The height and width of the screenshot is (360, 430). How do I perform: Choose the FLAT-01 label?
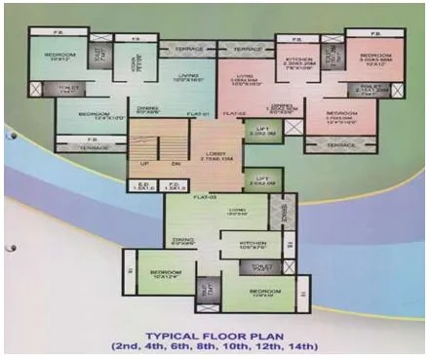pyautogui.click(x=202, y=114)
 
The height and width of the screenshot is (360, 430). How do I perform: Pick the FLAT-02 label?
pyautogui.click(x=234, y=114)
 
